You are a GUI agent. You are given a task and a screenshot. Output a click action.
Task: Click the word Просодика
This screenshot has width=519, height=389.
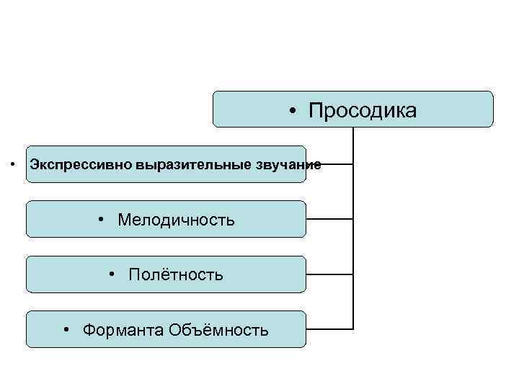point(363,110)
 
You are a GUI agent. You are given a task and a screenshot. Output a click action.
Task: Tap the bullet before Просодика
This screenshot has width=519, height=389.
point(294,111)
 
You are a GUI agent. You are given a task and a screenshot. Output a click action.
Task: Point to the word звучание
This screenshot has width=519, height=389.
point(288,164)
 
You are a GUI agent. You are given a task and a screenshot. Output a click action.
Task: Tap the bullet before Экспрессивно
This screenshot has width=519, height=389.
point(14,164)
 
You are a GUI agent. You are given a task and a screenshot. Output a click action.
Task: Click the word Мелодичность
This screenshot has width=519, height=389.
point(177,219)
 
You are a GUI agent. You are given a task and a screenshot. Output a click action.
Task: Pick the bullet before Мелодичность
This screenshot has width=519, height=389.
point(104,219)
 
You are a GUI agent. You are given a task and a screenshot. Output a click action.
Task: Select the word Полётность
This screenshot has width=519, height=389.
point(176,274)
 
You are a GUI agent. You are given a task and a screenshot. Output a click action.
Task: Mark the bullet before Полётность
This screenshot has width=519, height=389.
point(114,274)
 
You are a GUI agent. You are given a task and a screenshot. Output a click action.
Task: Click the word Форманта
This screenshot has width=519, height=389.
point(123,330)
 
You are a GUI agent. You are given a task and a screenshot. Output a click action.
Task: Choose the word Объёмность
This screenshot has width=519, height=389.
point(219,330)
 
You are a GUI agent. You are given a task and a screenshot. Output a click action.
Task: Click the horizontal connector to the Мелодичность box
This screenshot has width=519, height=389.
point(329,218)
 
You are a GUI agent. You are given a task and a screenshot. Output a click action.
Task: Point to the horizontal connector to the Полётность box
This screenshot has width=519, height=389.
point(329,274)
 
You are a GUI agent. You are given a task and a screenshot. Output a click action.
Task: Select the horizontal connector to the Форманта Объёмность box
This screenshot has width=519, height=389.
point(329,329)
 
